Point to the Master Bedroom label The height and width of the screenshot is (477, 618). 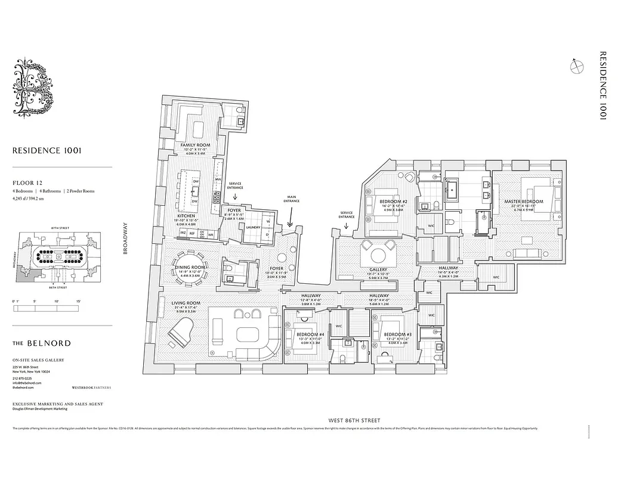(524, 202)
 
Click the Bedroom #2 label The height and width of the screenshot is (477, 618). (393, 202)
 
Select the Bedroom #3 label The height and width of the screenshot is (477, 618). (394, 334)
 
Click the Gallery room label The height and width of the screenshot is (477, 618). (378, 270)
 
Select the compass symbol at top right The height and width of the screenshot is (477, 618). (576, 67)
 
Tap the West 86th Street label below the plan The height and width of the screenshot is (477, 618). (358, 420)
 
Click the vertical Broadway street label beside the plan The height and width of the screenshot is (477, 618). (125, 238)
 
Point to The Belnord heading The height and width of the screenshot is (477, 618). (41, 343)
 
